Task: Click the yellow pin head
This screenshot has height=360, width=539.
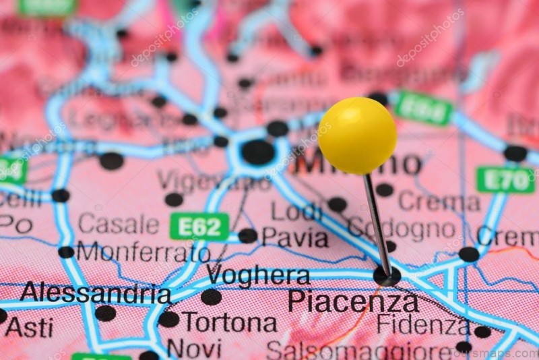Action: pos(357,136)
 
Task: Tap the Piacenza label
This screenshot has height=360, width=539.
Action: pos(353,301)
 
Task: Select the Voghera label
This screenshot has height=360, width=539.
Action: pos(258,275)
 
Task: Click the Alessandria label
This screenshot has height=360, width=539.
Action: pos(95,293)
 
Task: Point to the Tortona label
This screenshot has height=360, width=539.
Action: pos(229,322)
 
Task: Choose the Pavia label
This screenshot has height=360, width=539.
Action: pos(294,237)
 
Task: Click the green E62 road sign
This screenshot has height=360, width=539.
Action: pos(199,227)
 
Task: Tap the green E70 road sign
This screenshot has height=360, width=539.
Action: pos(505,180)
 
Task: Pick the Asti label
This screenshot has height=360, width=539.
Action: pos(29,328)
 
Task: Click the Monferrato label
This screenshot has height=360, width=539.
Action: pos(143,252)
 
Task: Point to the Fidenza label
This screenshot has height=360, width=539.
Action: pos(422,324)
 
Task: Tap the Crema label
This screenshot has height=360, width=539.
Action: pos(439,201)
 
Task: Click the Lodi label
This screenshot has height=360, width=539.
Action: pos(296,212)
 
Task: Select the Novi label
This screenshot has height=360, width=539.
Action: pos(194,349)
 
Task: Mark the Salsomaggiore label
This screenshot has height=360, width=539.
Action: pos(358,351)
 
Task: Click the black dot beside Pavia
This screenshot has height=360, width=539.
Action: pos(247,236)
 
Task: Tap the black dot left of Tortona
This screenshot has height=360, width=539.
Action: pos(168,319)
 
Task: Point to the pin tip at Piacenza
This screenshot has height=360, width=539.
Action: pos(387,274)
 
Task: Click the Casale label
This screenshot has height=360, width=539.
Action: pos(118,224)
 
